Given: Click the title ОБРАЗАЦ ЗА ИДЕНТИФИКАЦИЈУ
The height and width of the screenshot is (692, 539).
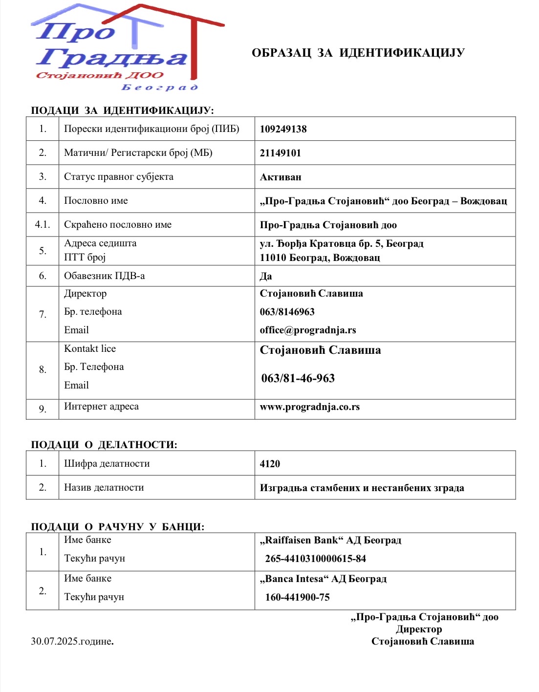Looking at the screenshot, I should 358,53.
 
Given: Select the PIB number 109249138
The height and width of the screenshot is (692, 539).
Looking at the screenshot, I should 283,129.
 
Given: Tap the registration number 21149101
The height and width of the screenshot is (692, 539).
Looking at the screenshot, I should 280,153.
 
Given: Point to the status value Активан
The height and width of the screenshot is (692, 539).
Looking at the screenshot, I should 280,177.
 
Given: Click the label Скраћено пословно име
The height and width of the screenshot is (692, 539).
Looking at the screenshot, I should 118,225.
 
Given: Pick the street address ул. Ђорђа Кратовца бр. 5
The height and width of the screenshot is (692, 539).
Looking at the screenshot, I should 342,243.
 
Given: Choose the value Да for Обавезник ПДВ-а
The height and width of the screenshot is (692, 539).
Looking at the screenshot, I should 266,276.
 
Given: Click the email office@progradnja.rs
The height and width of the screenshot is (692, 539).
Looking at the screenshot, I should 308,330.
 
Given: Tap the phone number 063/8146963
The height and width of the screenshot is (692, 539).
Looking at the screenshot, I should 287,312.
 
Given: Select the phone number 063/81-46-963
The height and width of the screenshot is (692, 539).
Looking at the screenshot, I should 298,378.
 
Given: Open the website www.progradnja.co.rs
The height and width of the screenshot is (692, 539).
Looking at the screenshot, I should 310,407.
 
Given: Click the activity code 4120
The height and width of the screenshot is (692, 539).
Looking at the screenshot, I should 270,464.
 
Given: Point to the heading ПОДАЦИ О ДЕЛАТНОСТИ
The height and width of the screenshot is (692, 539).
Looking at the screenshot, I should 104,445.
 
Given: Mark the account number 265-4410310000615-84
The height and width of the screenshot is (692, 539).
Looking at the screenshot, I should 316,559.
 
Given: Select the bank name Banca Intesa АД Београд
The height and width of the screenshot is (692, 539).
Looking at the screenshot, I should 323,579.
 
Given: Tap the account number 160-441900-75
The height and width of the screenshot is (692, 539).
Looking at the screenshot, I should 298,597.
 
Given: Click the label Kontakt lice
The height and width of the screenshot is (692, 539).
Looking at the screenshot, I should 90,348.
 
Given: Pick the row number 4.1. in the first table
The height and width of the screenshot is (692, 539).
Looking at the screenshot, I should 43,225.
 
